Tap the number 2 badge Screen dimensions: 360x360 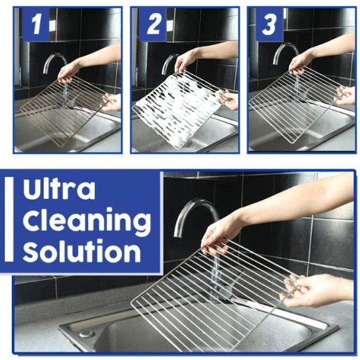click(152, 26)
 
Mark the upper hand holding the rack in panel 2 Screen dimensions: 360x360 click(186, 63)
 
